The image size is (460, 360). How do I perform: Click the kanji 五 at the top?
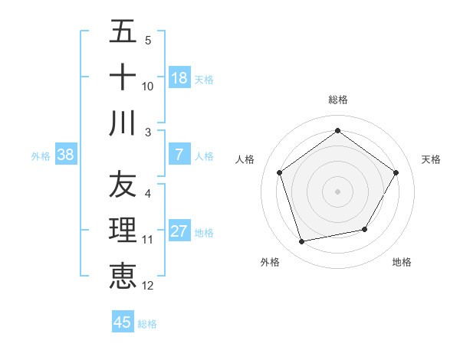coord(123,32)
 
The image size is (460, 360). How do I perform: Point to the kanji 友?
coord(123,185)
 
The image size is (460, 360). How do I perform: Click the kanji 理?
coord(123,231)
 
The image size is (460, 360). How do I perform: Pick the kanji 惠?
coord(123,276)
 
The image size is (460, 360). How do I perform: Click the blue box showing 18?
coord(179,78)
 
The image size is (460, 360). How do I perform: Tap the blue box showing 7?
coord(179,155)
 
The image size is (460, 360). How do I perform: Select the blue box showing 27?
coord(179,231)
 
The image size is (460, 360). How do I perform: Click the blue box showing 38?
coord(66,155)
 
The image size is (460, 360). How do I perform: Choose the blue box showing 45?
coord(123,322)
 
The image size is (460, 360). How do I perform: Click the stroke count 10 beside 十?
coord(148,87)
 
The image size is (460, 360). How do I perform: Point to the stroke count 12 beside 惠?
coord(148,286)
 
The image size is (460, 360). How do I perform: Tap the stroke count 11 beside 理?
coord(148,240)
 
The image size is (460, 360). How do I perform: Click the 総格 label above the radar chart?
coord(338,100)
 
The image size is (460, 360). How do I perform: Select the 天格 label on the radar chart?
coord(432,159)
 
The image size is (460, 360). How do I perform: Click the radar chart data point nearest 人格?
coord(280,173)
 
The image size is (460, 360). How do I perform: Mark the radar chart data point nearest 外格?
coord(302,241)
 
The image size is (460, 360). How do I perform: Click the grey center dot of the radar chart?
coord(338,191)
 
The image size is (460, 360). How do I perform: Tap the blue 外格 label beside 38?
coord(41,155)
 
